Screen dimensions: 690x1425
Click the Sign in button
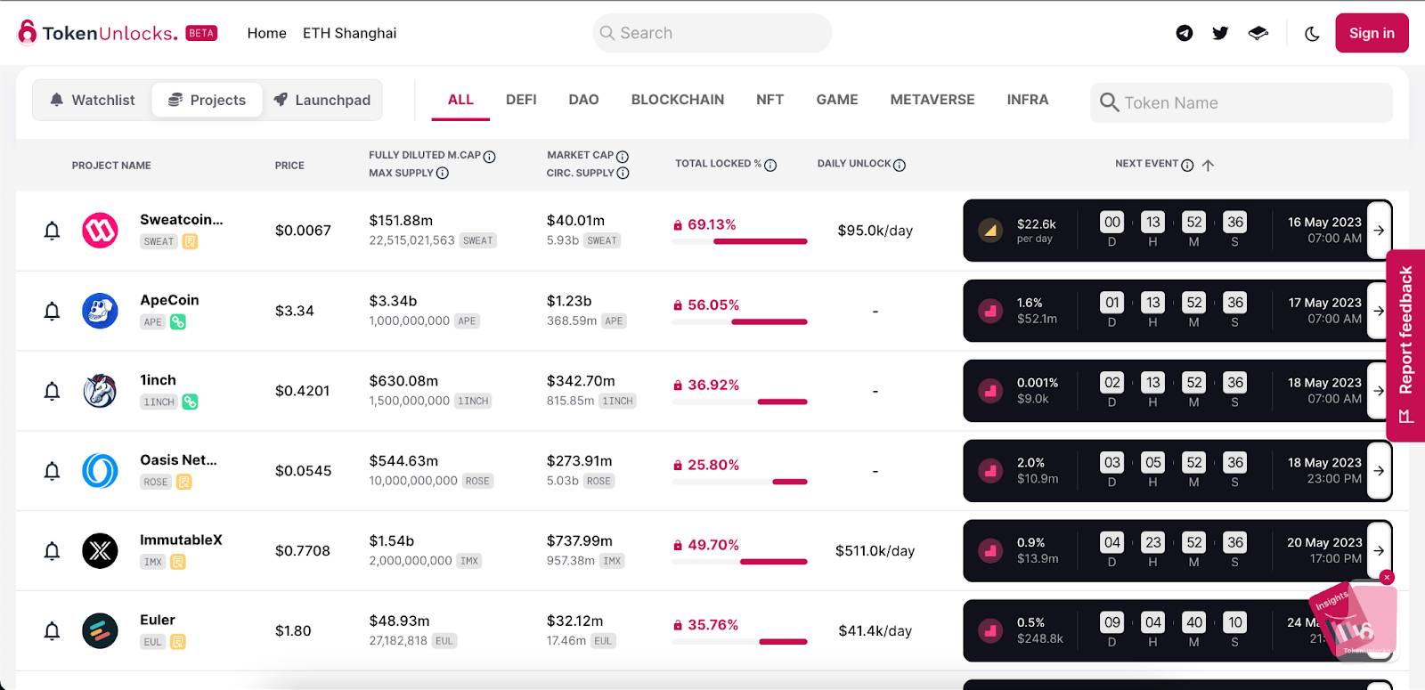tap(1371, 33)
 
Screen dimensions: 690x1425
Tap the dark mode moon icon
tap(1312, 34)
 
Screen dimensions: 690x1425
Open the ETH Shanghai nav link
tap(349, 33)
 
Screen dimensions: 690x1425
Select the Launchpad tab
tap(322, 100)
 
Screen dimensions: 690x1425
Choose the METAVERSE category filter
tap(932, 100)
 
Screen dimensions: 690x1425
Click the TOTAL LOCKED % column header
tap(718, 164)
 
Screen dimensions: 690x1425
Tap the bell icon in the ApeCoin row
tap(52, 311)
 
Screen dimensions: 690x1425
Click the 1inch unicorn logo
tap(100, 391)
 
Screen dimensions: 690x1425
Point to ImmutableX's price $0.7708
tap(302, 551)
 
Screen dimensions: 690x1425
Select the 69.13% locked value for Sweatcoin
tap(711, 224)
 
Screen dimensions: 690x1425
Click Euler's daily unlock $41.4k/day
tap(875, 631)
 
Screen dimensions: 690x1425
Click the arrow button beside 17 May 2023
tap(1379, 311)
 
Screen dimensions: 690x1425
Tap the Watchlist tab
tap(93, 100)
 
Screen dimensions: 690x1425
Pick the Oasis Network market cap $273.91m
tap(579, 461)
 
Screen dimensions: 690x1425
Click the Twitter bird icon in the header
tap(1220, 33)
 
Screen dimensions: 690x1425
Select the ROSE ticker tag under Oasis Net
tap(156, 482)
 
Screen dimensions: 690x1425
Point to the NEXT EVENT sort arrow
tap(1208, 165)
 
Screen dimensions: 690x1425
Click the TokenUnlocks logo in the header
tap(98, 33)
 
